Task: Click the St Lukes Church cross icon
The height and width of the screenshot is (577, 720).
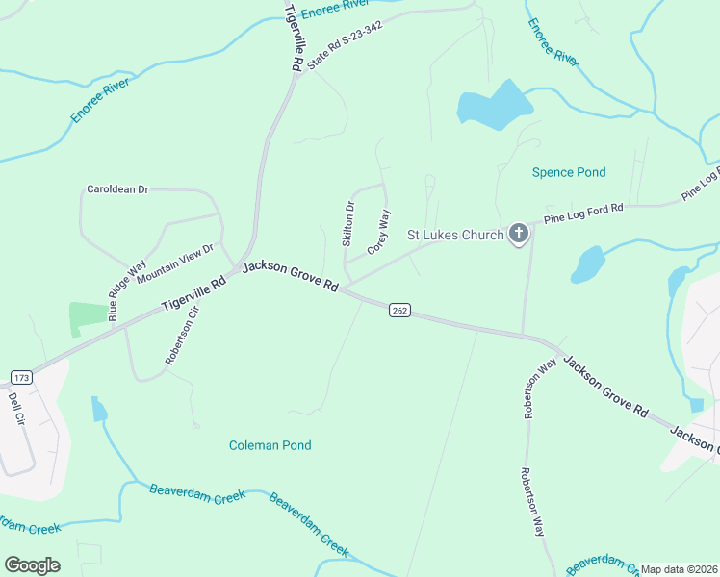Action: click(518, 234)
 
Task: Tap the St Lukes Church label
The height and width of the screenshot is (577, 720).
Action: click(455, 235)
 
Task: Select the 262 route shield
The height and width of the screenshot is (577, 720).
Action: click(400, 310)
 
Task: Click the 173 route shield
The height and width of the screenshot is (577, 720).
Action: click(21, 376)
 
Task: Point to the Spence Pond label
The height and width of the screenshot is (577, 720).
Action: click(569, 172)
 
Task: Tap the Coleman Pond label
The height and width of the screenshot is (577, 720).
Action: click(270, 445)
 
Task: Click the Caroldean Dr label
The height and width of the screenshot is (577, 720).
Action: click(117, 189)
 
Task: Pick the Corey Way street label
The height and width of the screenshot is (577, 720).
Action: click(379, 232)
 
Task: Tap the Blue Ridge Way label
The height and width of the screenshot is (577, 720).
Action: click(126, 289)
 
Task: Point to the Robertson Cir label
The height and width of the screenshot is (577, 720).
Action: click(180, 334)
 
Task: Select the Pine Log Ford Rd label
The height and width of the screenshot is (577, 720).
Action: click(583, 213)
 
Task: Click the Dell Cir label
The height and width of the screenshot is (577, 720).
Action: click(15, 408)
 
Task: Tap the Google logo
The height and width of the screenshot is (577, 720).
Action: click(32, 564)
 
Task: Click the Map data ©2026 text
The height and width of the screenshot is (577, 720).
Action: click(679, 569)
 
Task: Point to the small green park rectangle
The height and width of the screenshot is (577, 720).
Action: click(89, 318)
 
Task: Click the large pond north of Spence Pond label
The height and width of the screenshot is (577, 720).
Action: click(494, 105)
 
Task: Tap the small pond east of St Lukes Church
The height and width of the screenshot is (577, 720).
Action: click(587, 264)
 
